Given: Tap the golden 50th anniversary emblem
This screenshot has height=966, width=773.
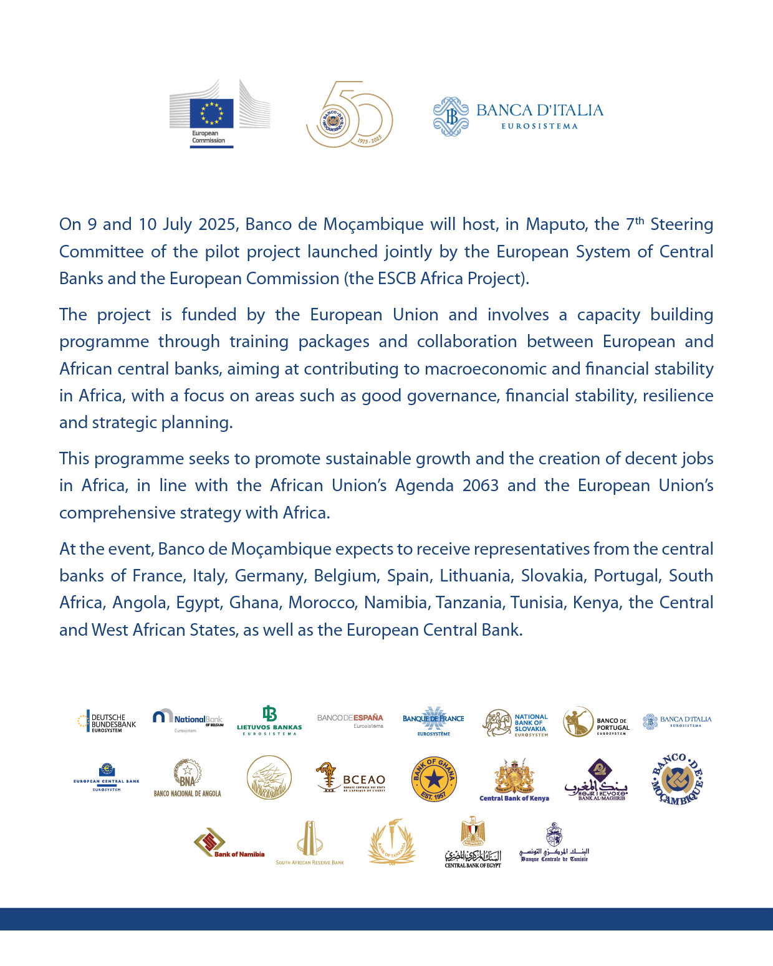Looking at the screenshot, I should pyautogui.click(x=349, y=115).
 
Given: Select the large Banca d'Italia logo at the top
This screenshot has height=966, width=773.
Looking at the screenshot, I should pyautogui.click(x=518, y=116).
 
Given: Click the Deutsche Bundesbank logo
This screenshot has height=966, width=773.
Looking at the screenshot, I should pyautogui.click(x=107, y=722).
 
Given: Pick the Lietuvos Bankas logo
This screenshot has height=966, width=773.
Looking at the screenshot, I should pyautogui.click(x=269, y=721).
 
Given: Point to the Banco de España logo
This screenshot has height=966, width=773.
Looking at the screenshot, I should pyautogui.click(x=350, y=721).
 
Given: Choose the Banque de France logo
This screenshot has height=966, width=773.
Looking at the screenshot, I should pyautogui.click(x=433, y=721).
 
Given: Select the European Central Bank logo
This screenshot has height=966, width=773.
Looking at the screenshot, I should pyautogui.click(x=107, y=777).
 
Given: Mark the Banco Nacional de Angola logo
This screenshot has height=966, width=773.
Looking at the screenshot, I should pyautogui.click(x=188, y=778).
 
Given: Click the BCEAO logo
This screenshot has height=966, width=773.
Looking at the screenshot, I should pyautogui.click(x=350, y=778).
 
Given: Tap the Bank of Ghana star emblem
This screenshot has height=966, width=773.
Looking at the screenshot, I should pyautogui.click(x=434, y=779).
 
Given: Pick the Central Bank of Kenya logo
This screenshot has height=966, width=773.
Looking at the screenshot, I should pyautogui.click(x=514, y=780).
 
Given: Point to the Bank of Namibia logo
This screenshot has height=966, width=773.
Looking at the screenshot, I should pyautogui.click(x=229, y=843).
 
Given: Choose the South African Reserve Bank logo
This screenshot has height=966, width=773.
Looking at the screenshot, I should pyautogui.click(x=310, y=843).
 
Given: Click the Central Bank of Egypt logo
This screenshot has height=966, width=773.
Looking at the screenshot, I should pyautogui.click(x=473, y=842).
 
